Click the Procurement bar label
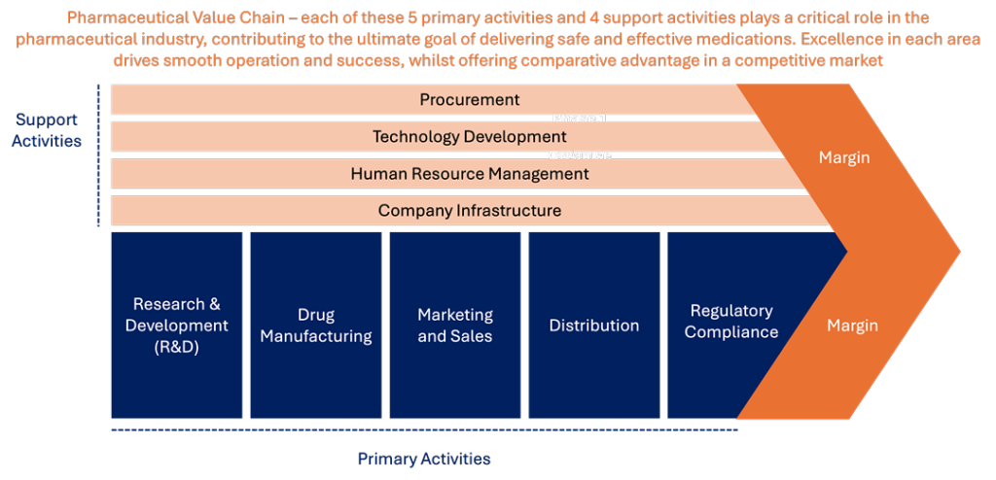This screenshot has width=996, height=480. tap(470, 100)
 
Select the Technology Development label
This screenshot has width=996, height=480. tap(470, 136)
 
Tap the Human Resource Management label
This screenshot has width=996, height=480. tap(470, 173)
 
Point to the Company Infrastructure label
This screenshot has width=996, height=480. tap(470, 210)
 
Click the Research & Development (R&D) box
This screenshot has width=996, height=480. tap(177, 326)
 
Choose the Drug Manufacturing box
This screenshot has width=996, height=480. tap(316, 326)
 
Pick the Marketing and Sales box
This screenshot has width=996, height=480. tap(455, 326)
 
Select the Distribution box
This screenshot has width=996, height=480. tap(594, 326)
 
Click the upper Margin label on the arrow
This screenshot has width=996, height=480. tap(843, 157)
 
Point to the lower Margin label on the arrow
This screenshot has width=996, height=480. tap(852, 326)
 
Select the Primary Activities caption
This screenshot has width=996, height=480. tap(424, 459)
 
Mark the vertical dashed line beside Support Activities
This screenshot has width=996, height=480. tap(98, 154)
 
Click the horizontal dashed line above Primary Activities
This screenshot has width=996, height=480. tap(424, 430)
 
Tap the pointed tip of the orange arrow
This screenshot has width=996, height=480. tap(960, 251)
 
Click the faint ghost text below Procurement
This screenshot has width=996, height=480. tap(581, 119)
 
